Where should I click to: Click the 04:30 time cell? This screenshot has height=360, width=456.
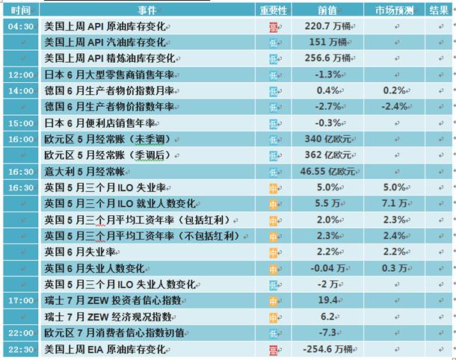point(21,26)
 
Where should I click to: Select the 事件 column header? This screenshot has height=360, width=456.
point(147,10)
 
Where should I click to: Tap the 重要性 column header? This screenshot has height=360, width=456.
point(273,10)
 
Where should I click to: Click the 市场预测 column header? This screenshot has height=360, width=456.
point(394,10)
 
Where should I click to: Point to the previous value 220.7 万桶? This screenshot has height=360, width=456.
point(327,26)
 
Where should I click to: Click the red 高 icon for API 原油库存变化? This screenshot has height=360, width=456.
point(273,28)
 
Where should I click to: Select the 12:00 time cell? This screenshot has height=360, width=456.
point(21,75)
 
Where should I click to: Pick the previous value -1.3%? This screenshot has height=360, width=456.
point(327,75)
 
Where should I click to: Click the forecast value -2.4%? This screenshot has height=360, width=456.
point(395,107)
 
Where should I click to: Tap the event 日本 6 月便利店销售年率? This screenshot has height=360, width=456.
point(99,123)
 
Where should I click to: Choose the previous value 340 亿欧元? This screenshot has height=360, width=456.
point(327,139)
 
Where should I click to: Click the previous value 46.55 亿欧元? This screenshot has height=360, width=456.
point(327,171)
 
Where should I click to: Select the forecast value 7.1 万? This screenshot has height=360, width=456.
point(395,203)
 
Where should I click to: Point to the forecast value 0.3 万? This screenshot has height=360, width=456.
point(395,268)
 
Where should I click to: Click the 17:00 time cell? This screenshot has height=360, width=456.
point(21,300)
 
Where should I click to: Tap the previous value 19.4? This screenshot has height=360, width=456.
point(327,300)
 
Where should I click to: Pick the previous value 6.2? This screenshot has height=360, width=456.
point(327,317)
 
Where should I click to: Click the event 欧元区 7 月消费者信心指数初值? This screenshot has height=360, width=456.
point(114,332)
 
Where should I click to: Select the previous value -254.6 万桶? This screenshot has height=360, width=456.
point(327,349)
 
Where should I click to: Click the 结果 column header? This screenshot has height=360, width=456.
point(439,10)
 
